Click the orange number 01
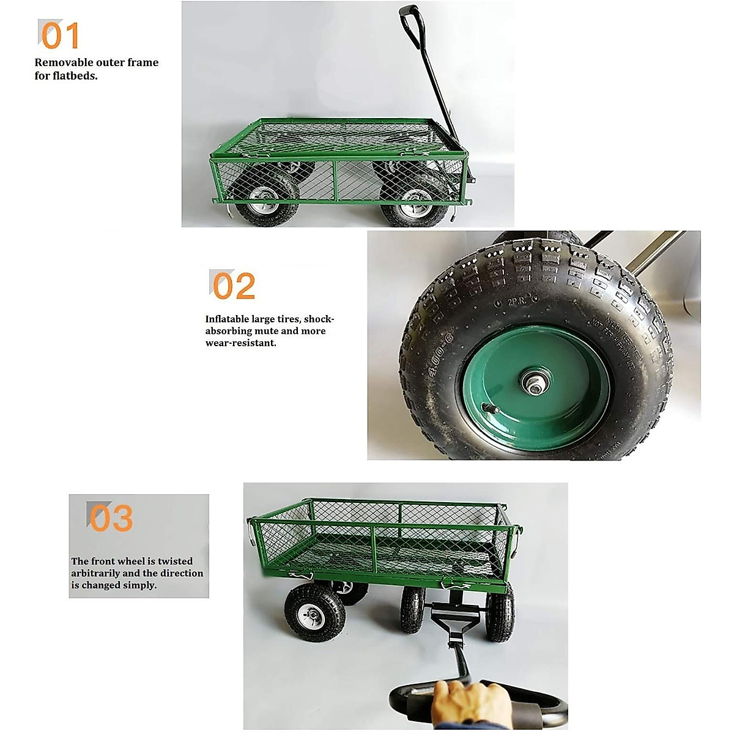point(60,35)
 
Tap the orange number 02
point(234,286)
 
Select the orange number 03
point(111,518)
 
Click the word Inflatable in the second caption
point(227,319)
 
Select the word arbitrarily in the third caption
point(95,574)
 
